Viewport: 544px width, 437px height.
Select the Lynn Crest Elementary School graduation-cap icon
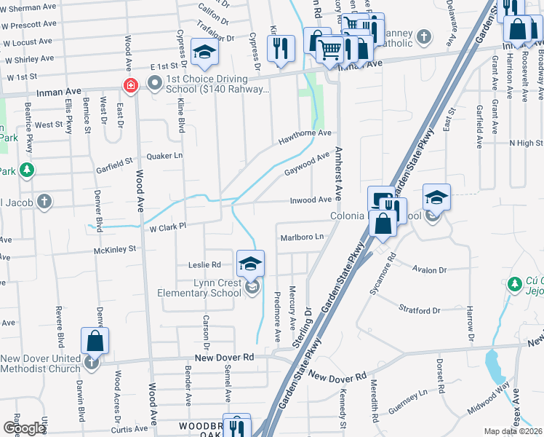(250, 263)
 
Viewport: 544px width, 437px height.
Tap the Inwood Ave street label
(311, 200)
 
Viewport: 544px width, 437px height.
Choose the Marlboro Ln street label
(301, 237)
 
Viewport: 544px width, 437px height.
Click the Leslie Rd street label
(204, 264)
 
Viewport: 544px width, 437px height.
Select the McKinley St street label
(115, 249)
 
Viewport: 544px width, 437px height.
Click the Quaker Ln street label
(164, 156)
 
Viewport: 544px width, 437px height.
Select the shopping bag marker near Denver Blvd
(95, 340)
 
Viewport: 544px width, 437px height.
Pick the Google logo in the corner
(24, 428)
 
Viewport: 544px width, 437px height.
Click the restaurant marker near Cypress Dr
(280, 48)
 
